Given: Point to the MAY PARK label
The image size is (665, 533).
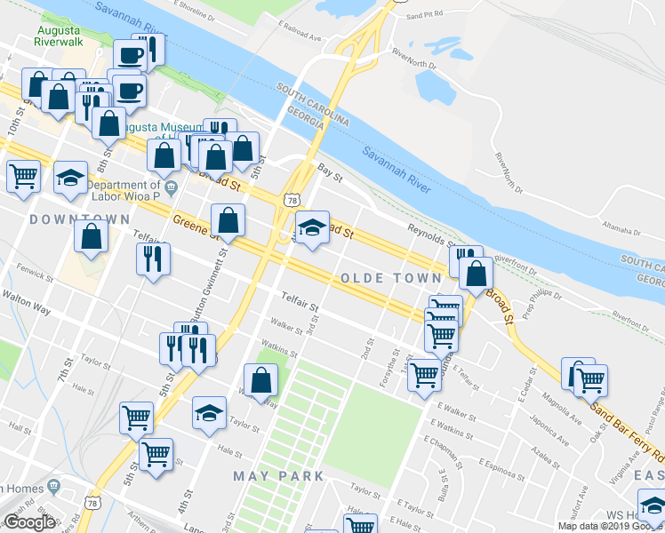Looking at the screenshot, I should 278,476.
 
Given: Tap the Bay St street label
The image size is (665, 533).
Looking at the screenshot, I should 331,166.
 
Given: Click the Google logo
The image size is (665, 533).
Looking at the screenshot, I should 28,522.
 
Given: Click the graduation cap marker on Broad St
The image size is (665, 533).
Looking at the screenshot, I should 312,229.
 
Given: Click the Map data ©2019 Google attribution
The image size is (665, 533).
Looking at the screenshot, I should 609,526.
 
